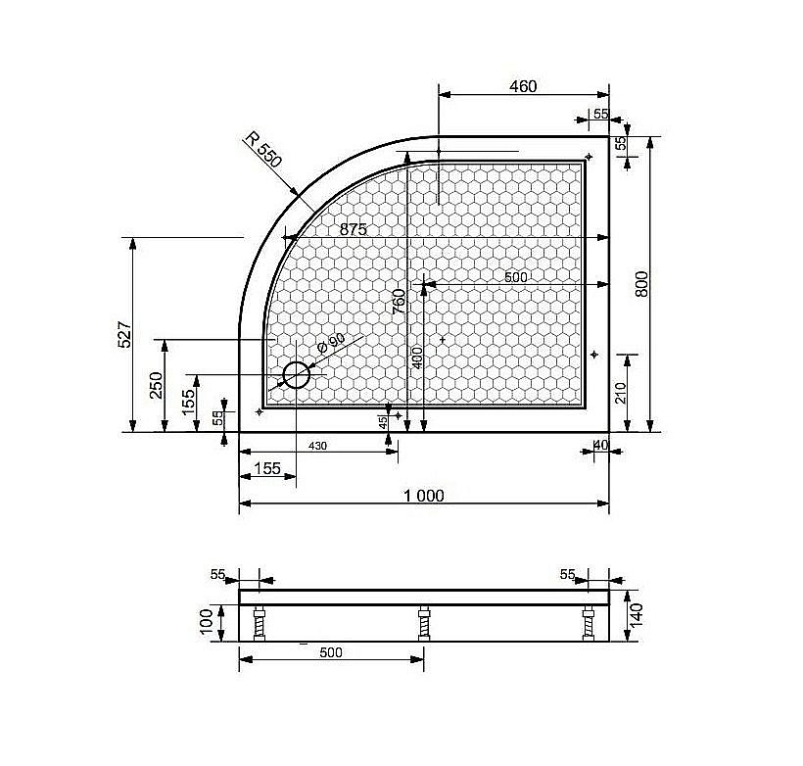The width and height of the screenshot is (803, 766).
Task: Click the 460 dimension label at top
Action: pos(523,86)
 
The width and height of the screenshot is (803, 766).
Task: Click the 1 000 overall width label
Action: pos(423,496)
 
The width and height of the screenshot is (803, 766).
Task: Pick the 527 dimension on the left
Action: pos(124,335)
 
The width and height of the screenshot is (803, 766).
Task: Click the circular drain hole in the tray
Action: pos(296,375)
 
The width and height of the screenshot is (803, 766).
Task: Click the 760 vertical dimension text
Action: pos(399,300)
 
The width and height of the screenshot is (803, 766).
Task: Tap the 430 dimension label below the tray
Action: pos(318,446)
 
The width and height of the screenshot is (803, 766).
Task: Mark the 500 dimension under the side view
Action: pos(331,653)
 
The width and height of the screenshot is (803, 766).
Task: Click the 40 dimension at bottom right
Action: pos(600,446)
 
